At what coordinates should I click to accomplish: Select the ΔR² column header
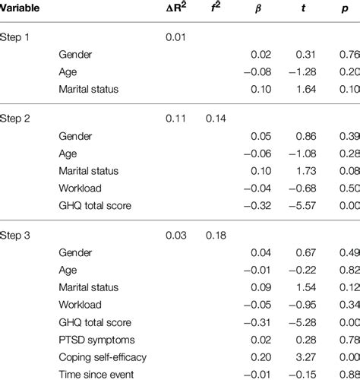[x=179, y=12]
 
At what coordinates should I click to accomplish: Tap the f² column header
[x=216, y=12]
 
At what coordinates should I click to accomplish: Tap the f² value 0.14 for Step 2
[x=216, y=119]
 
